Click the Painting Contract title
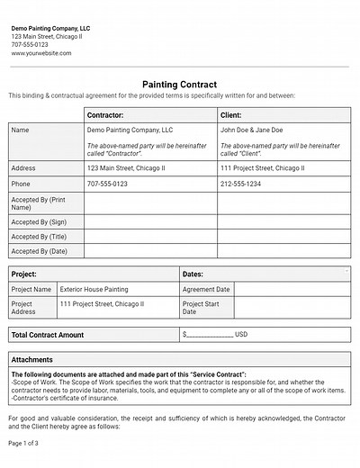coord(179,84)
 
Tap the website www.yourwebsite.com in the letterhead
coord(41,53)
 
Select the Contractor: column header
coord(105,115)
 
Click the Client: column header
coord(231,115)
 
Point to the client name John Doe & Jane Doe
coord(251,130)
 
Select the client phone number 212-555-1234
coord(240,184)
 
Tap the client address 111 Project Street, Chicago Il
coord(262,168)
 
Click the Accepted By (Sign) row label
coord(39,221)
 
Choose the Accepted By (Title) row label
coord(40,237)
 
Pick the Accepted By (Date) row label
coord(40,252)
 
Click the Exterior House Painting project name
coord(94,290)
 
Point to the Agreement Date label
coord(206,290)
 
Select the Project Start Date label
coord(201,309)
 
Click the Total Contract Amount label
coord(47,335)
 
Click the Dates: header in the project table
coord(193,274)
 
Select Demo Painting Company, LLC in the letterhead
coord(50,29)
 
